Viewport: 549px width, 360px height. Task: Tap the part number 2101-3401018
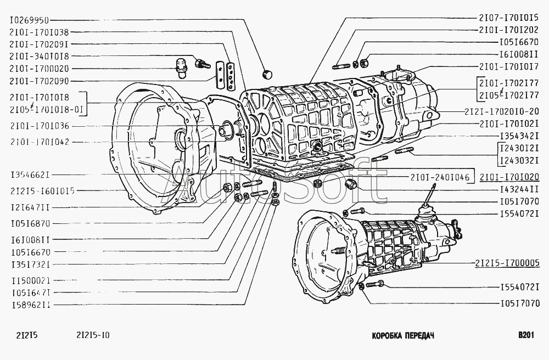(x=46, y=57)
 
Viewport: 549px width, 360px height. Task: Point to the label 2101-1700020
(x=46, y=69)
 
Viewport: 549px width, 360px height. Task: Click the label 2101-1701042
(x=47, y=142)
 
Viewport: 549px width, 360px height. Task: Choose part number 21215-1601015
(x=42, y=191)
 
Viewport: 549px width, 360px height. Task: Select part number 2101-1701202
(x=508, y=30)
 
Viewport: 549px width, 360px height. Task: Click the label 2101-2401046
(x=439, y=177)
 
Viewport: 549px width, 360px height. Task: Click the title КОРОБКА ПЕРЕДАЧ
(x=402, y=335)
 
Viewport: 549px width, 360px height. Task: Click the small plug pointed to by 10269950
(x=268, y=74)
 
